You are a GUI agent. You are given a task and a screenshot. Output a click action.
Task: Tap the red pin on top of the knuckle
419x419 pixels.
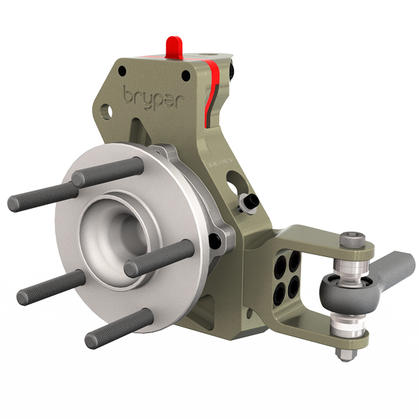tap(175, 47)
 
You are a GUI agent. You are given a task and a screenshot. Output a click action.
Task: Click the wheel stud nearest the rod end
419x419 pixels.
tap(161, 257)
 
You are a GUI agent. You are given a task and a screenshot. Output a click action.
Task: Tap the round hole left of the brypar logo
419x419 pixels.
tap(105, 110)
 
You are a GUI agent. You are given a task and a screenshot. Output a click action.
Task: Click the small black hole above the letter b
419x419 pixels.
tap(123, 70)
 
